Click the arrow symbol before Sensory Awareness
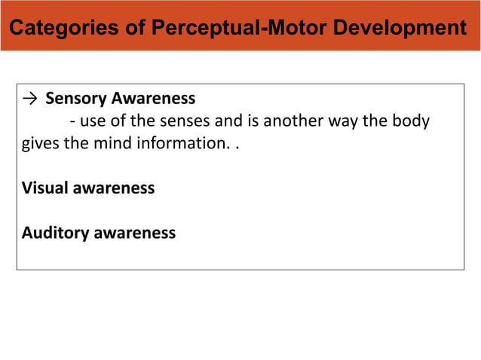pos(30,99)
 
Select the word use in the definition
pos(89,121)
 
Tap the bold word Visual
pos(45,188)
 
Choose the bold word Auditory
pos(55,233)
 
